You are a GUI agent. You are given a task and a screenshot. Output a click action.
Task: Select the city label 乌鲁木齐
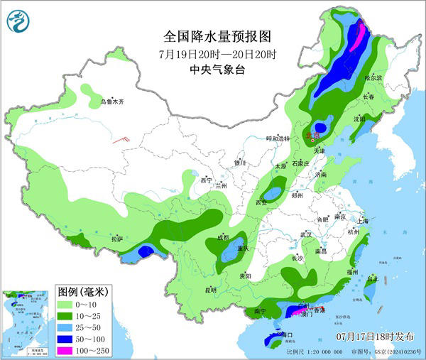[x=111, y=102]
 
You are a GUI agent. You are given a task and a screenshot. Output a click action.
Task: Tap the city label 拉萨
[x=118, y=239]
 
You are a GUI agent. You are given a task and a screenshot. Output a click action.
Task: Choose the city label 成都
[x=223, y=237]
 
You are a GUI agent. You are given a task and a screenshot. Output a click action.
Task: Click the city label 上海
[x=363, y=221]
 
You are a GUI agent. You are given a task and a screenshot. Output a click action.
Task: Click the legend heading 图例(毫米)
[x=82, y=292]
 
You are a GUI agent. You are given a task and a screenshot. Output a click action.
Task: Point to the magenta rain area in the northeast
[x=361, y=33]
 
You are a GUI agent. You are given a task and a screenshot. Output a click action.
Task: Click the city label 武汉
[x=306, y=234]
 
